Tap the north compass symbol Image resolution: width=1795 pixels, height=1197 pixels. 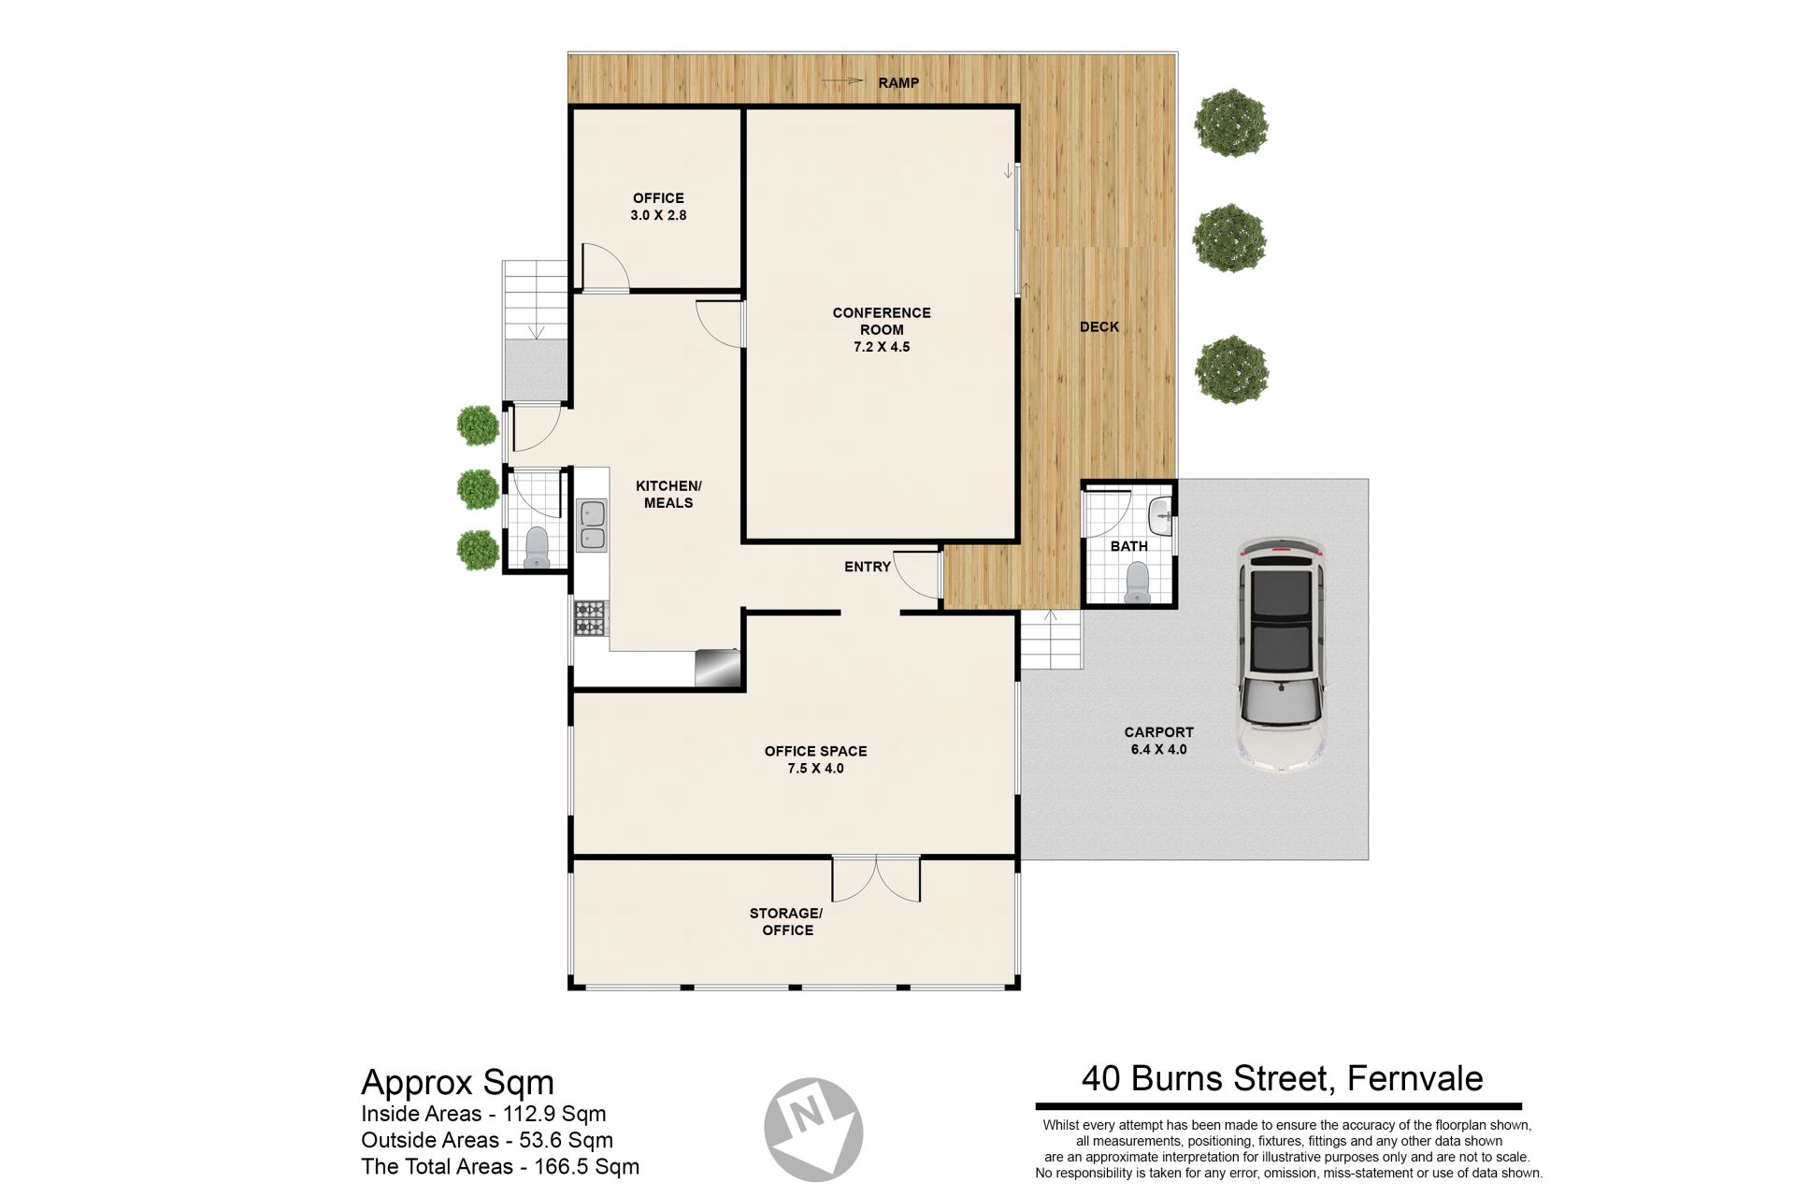812,1128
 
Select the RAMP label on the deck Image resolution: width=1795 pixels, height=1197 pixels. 898,82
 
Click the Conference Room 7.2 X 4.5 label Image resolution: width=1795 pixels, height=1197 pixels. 882,329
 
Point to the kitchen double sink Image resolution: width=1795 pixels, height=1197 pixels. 592,525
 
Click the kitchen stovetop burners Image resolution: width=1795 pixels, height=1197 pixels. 590,618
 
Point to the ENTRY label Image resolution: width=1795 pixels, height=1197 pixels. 868,567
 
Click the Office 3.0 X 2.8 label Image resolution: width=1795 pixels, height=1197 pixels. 658,206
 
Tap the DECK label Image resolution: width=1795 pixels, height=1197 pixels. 1099,326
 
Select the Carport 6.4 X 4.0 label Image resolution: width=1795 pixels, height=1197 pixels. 1158,741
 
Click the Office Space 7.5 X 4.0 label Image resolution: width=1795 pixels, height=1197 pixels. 815,759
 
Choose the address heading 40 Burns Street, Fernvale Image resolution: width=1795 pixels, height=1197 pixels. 1282,1078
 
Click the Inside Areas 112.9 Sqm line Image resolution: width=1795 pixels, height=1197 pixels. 483,1114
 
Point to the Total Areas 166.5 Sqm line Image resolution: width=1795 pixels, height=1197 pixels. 500,1166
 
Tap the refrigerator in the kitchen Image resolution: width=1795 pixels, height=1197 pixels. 718,668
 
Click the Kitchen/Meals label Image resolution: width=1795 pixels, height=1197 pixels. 668,494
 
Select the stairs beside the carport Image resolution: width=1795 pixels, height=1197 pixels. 1050,639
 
